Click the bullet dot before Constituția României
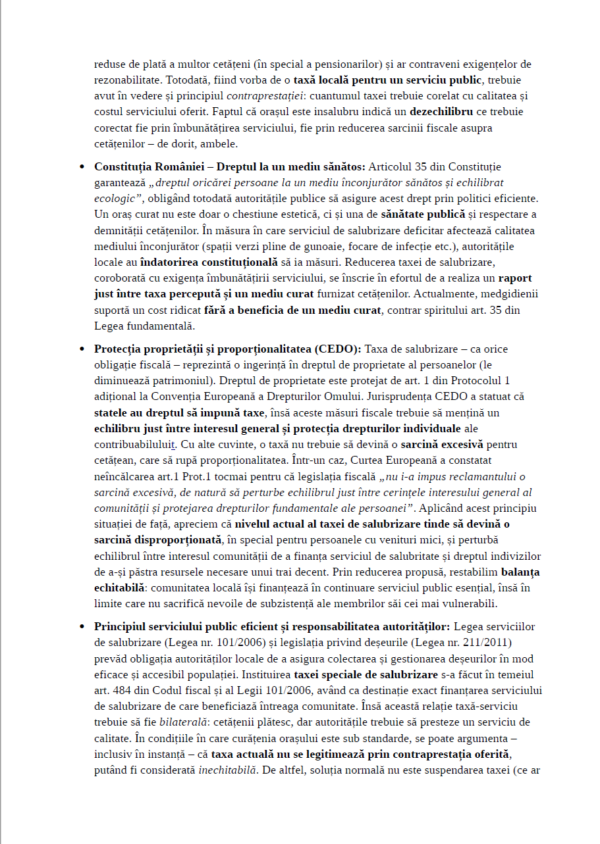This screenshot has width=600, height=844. tap(82, 167)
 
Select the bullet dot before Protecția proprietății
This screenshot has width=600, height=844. tap(82, 349)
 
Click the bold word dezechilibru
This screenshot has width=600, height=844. tap(449, 112)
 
